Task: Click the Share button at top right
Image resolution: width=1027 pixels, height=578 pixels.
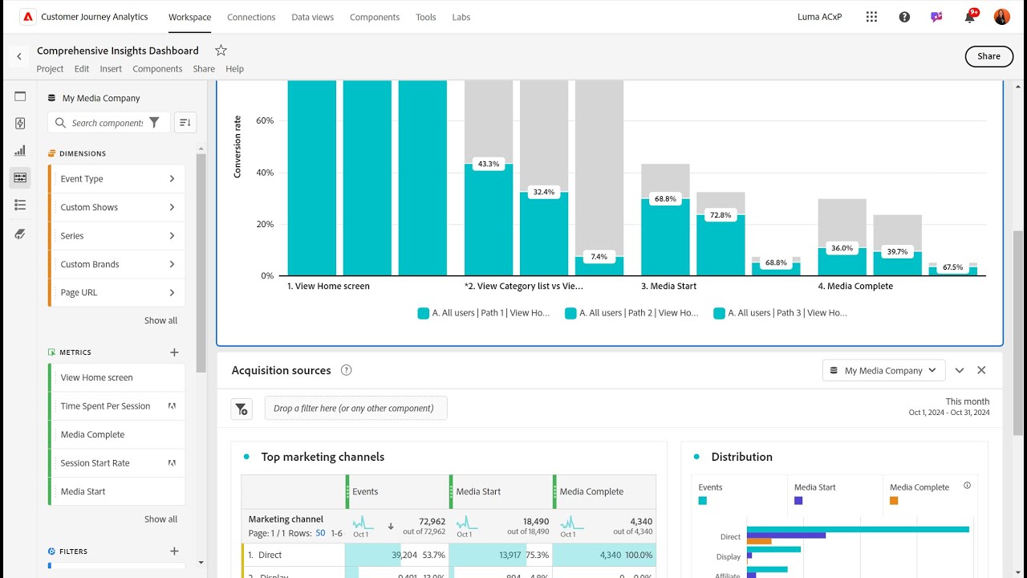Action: tap(988, 56)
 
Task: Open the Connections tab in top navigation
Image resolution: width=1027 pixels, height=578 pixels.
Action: tap(251, 17)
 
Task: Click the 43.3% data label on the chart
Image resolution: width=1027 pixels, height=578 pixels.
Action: tap(488, 164)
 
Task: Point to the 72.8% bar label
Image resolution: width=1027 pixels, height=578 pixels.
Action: tap(720, 215)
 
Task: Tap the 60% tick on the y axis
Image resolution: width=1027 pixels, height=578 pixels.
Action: tap(264, 120)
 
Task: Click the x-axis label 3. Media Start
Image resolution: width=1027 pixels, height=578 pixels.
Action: tap(668, 286)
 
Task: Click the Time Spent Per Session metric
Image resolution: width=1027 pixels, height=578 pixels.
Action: tap(105, 406)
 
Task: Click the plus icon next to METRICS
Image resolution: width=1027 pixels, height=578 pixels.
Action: tap(174, 352)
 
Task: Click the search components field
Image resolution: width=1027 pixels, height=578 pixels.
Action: tap(107, 123)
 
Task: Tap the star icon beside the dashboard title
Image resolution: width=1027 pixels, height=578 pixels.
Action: tap(221, 51)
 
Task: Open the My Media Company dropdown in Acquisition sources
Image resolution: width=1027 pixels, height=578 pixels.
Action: tap(883, 370)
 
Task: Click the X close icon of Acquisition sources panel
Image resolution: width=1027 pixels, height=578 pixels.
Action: tap(981, 370)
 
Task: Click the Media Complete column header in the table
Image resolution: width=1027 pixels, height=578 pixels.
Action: tap(591, 491)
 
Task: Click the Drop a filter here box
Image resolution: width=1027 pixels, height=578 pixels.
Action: tap(355, 408)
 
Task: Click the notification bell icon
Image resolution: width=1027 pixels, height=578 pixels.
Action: tap(969, 17)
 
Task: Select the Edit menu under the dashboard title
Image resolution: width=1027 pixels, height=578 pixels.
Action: tap(82, 69)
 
